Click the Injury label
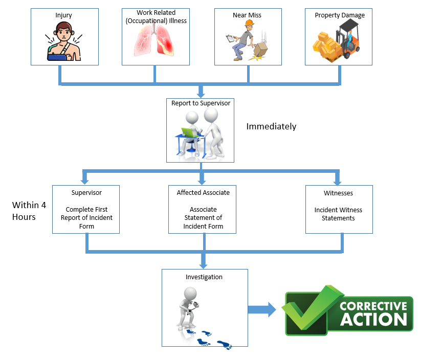(x=64, y=15)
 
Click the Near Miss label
(x=247, y=15)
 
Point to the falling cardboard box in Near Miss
(x=261, y=49)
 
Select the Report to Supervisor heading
(x=201, y=103)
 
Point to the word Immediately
(x=271, y=126)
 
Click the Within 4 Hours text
(x=29, y=211)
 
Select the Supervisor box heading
(x=86, y=193)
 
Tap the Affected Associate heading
(x=203, y=193)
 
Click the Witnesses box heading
(x=339, y=193)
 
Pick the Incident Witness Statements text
(x=339, y=214)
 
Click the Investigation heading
(x=204, y=277)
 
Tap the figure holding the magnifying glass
(x=189, y=306)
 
